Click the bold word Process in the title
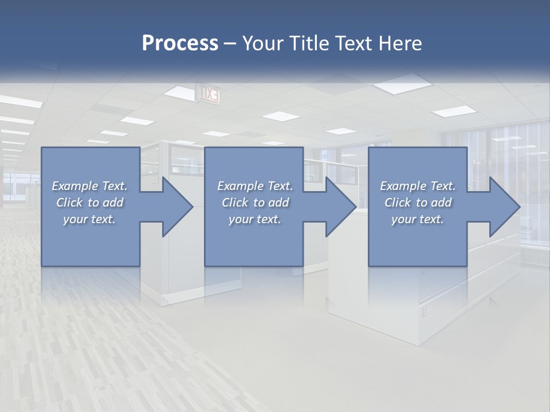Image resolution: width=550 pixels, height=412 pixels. click(180, 43)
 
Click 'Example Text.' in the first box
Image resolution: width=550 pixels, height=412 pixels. click(90, 186)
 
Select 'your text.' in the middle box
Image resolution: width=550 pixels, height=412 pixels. click(255, 219)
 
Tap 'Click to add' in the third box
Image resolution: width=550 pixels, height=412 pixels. click(418, 203)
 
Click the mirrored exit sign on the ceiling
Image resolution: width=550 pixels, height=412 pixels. click(208, 93)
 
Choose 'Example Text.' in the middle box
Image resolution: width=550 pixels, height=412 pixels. click(255, 186)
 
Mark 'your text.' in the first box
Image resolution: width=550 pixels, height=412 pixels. click(90, 219)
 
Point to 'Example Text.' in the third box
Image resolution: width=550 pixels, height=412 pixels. click(418, 186)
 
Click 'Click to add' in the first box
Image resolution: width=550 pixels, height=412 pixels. click(90, 203)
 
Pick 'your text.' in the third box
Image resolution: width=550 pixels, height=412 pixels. click(418, 219)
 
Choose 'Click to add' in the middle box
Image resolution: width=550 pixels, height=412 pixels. click(255, 203)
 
